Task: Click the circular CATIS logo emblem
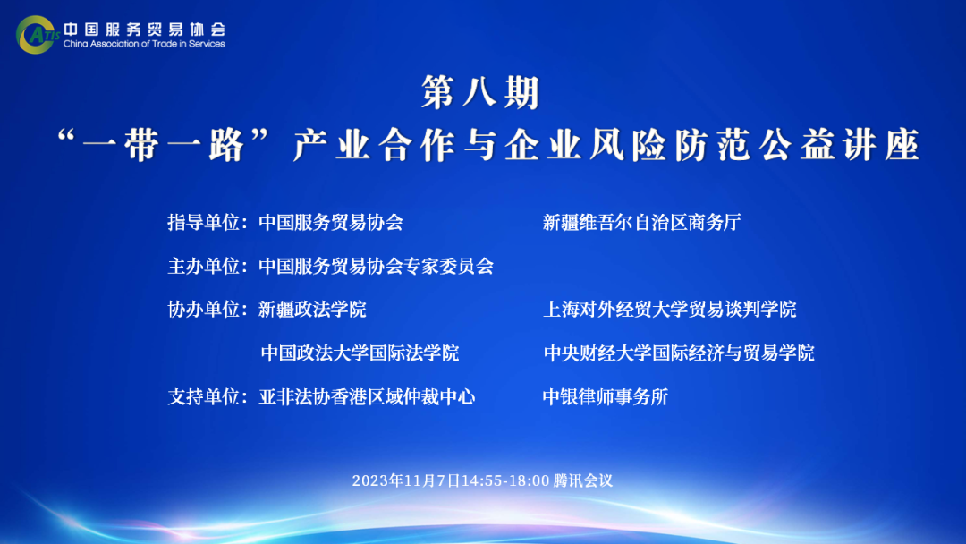click(36, 35)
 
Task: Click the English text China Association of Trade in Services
click(144, 44)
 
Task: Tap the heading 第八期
click(480, 92)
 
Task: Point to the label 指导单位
click(203, 223)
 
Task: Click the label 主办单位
click(203, 266)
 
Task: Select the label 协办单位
click(203, 310)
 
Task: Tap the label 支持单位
click(203, 396)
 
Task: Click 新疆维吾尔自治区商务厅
click(642, 223)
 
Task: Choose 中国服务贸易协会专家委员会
click(376, 266)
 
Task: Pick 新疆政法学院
click(312, 310)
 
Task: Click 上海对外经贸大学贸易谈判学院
click(670, 310)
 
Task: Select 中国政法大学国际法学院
click(360, 353)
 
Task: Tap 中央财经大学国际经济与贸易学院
click(679, 353)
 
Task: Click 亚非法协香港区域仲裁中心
click(367, 396)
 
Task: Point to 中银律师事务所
click(606, 396)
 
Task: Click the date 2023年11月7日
click(407, 480)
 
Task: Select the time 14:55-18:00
click(505, 480)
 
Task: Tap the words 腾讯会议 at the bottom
click(583, 480)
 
